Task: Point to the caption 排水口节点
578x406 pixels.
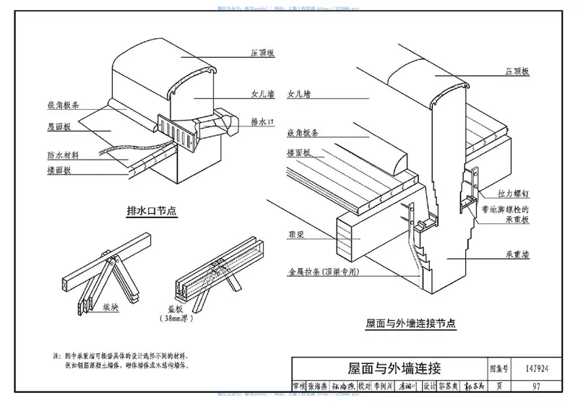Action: point(152,211)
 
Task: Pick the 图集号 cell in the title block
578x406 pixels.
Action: point(499,368)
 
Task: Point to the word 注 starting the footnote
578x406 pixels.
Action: point(57,356)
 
